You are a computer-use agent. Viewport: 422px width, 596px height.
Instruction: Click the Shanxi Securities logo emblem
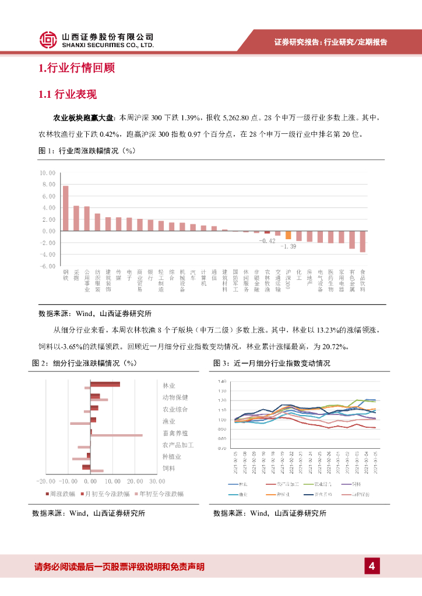[x=48, y=40]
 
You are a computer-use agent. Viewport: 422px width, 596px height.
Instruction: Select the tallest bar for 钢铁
[x=66, y=208]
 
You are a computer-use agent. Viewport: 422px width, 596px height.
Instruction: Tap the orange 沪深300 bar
[x=288, y=235]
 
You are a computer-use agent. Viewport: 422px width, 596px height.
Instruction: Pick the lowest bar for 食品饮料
[x=363, y=242]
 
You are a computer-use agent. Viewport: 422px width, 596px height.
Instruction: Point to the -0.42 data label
[x=267, y=240]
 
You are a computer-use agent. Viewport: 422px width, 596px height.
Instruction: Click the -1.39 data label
[x=288, y=246]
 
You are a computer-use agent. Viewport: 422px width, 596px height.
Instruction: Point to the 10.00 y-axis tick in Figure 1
[x=48, y=173]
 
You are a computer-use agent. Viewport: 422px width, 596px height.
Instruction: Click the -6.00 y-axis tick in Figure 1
[x=48, y=266]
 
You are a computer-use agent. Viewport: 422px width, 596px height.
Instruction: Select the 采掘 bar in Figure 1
[x=76, y=218]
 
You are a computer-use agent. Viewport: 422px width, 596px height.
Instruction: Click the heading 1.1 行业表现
[x=67, y=94]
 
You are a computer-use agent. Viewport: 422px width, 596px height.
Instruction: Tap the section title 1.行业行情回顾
[x=76, y=69]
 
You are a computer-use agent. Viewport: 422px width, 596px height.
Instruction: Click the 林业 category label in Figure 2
[x=169, y=385]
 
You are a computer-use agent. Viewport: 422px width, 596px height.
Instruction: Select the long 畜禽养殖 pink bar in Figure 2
[x=117, y=435]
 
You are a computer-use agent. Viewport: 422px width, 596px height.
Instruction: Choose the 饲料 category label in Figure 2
[x=169, y=468]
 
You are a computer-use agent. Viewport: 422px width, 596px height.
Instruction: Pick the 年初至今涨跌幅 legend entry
[x=160, y=494]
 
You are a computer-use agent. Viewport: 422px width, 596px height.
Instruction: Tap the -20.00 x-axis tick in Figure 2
[x=45, y=481]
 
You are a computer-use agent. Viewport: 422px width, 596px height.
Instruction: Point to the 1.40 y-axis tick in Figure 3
[x=221, y=381]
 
